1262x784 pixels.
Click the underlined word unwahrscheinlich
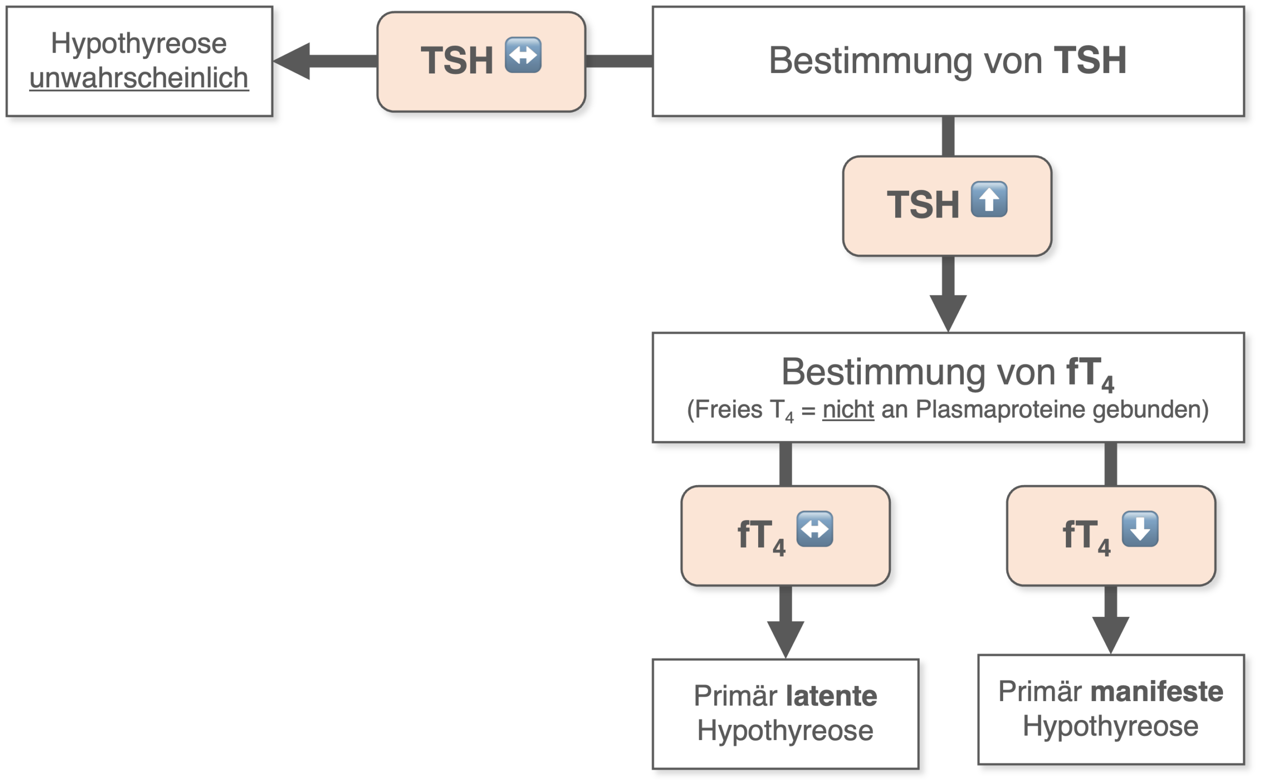[x=139, y=78]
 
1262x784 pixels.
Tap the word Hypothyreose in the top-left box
[x=139, y=43]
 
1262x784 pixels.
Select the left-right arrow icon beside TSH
[x=524, y=55]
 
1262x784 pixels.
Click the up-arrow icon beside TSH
[x=989, y=199]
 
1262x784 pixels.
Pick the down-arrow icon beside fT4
[x=1140, y=529]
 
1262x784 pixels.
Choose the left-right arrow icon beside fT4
[x=815, y=529]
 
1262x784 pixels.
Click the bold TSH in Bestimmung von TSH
[x=1090, y=60]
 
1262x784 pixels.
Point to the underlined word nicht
[x=848, y=410]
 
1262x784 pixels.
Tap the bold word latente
[x=832, y=696]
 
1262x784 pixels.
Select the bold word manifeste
[x=1157, y=692]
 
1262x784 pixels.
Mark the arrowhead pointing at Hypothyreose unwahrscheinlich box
[x=291, y=61]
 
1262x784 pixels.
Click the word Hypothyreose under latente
[x=785, y=731]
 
